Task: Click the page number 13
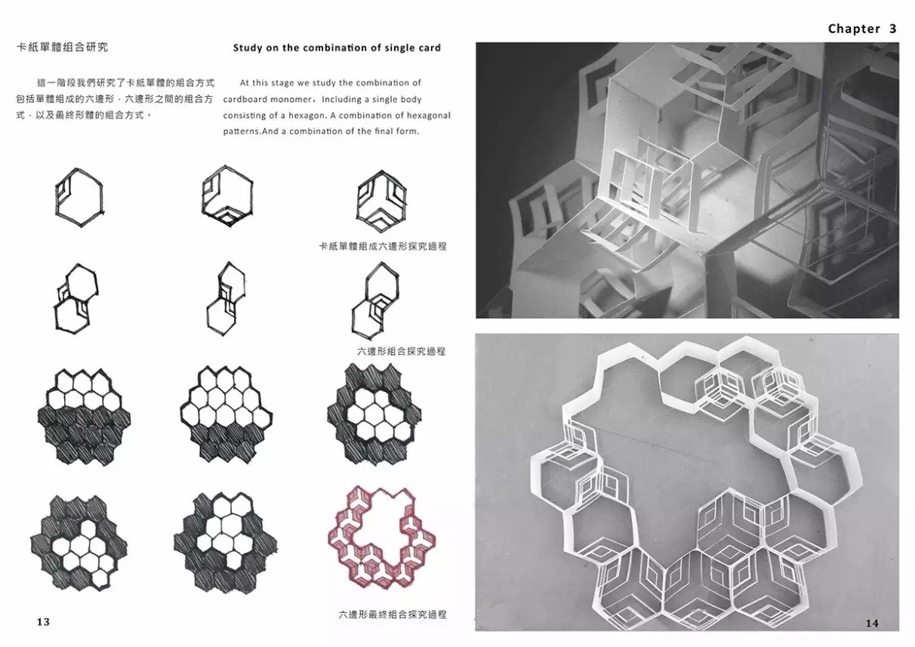click(43, 621)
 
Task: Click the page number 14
click(872, 623)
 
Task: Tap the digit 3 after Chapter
click(892, 29)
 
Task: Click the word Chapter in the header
click(854, 29)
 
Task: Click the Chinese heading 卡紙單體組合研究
click(62, 47)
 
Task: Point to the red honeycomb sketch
click(382, 537)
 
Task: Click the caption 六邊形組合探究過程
click(401, 351)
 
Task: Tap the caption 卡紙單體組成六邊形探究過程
click(383, 246)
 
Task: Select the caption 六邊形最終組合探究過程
click(393, 614)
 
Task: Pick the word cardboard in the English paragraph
click(244, 99)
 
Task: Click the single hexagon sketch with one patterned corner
click(79, 197)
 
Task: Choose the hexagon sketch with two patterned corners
click(227, 196)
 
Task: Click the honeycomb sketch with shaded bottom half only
click(84, 416)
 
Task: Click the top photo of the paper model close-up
click(687, 180)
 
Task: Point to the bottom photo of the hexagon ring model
click(687, 482)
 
